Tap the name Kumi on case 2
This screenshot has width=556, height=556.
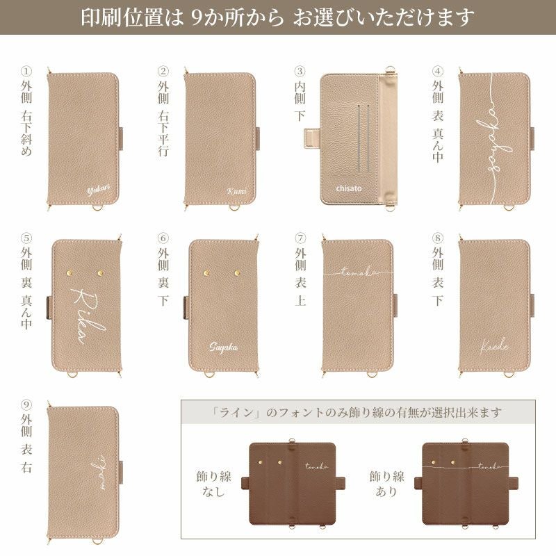(x=237, y=191)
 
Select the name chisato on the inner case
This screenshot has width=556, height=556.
(x=350, y=188)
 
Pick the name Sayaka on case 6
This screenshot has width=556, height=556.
(x=224, y=346)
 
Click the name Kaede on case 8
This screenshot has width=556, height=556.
(x=494, y=345)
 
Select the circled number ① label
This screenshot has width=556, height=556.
(x=26, y=71)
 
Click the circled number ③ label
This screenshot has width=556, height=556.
(x=300, y=71)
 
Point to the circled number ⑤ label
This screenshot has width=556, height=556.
(x=26, y=239)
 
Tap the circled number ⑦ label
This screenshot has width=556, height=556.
(x=300, y=239)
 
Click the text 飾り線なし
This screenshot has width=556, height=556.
(x=213, y=485)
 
